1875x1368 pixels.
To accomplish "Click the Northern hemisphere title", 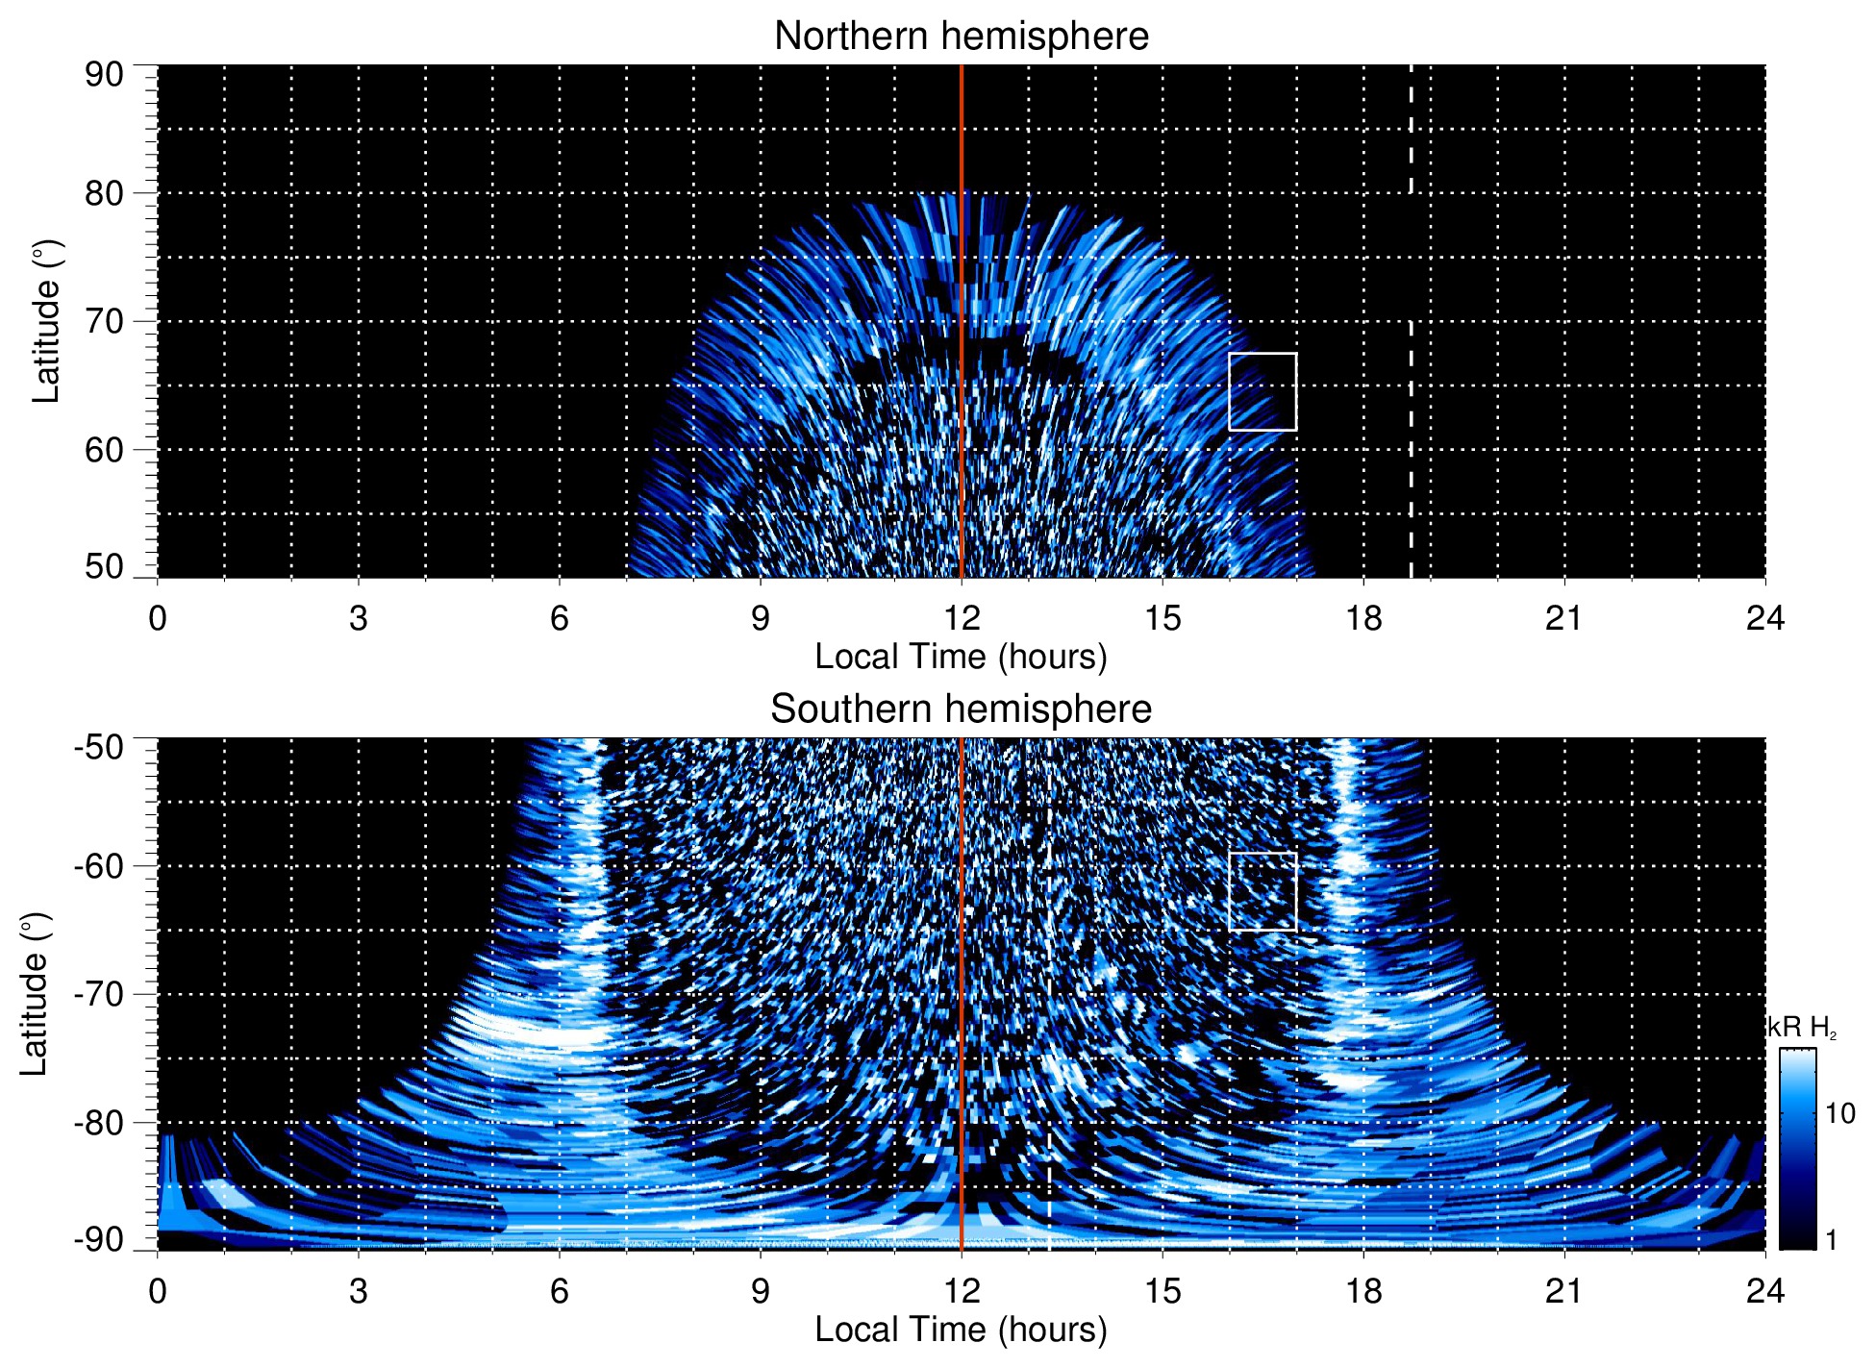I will tap(961, 37).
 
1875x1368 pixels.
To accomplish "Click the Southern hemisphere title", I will tap(961, 709).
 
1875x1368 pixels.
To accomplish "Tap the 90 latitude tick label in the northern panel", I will tap(104, 75).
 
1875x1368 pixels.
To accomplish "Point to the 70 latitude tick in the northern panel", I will tap(104, 321).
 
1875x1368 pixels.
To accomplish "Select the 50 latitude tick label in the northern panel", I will tap(104, 567).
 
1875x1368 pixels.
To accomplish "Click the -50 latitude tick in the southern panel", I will tap(99, 747).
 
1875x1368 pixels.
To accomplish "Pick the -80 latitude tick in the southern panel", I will tap(99, 1122).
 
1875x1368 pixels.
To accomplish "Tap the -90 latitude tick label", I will tap(99, 1240).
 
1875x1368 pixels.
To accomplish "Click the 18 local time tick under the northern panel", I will tap(1363, 618).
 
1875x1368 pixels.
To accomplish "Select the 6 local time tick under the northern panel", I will tap(560, 618).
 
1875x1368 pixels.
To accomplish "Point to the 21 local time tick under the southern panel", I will tap(1564, 1291).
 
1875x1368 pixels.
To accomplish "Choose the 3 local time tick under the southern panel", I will tap(359, 1291).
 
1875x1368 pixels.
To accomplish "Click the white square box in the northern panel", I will tap(1262, 391).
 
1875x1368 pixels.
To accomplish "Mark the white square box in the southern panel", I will tap(1262, 891).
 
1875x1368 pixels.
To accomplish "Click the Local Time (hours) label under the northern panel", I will tap(961, 658).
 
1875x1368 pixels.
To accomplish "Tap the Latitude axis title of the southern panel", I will tap(35, 994).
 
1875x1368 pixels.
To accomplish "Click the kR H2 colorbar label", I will tap(1802, 1028).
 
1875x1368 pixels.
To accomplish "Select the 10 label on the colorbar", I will tap(1839, 1114).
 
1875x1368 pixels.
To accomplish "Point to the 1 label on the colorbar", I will tap(1831, 1240).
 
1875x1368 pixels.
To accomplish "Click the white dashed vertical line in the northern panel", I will tap(1411, 385).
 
